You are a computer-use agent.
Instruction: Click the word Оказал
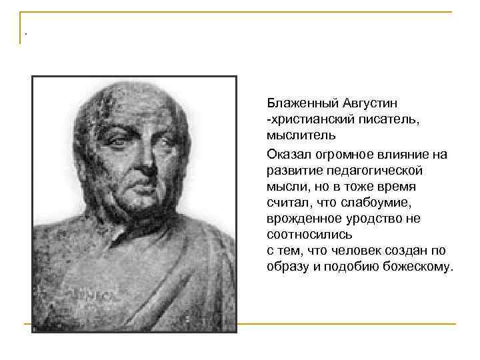[287, 154]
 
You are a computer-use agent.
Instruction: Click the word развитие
[293, 171]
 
